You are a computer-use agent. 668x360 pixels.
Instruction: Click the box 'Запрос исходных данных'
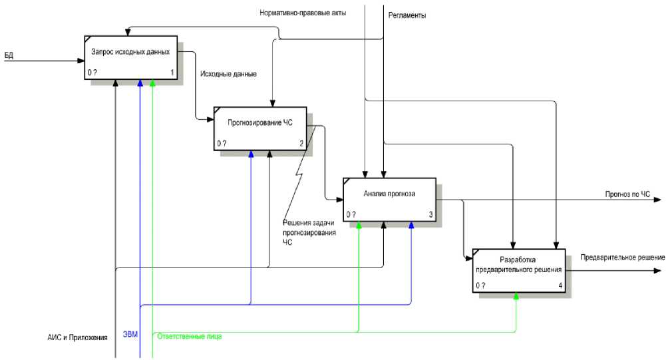coord(130,57)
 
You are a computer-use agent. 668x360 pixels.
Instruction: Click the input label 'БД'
coord(9,55)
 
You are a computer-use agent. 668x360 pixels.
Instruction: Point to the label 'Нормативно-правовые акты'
coord(303,12)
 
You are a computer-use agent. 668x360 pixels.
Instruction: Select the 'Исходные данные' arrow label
coord(228,74)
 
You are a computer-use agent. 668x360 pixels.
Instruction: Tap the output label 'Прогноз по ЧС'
coord(627,194)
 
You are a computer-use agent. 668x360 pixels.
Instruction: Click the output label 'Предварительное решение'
coord(623,258)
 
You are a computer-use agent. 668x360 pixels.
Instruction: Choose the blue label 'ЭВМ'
coord(130,334)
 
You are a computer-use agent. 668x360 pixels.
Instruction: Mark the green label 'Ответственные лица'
coord(190,337)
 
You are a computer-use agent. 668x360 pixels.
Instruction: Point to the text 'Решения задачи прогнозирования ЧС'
coord(309,232)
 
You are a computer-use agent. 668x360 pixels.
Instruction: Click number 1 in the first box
coord(172,73)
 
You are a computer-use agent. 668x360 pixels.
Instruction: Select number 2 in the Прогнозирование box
coord(301,144)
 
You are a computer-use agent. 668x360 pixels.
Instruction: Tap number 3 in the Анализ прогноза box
coord(430,215)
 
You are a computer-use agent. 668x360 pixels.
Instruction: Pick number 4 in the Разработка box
coord(560,286)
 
